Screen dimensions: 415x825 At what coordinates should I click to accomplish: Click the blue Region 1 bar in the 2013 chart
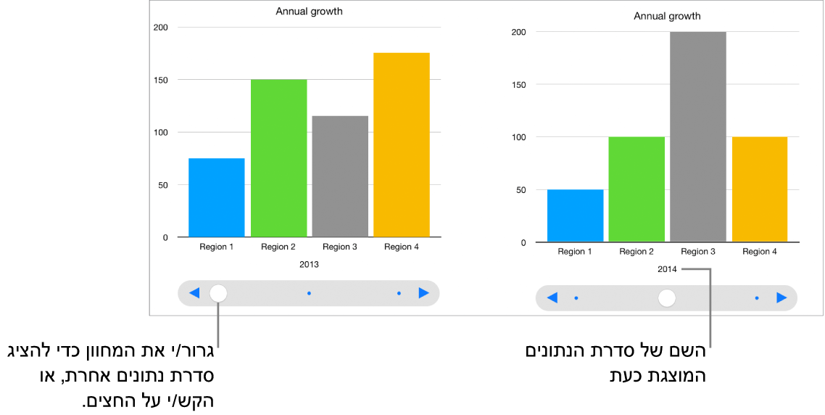(x=216, y=197)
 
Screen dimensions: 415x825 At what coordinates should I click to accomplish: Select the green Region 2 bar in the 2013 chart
(x=278, y=158)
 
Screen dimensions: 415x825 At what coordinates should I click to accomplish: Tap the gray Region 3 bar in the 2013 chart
(x=340, y=176)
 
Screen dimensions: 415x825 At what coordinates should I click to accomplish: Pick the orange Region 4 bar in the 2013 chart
(x=402, y=145)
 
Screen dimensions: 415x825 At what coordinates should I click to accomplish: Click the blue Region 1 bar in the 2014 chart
(x=575, y=215)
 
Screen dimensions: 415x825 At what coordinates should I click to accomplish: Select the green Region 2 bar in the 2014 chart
(x=637, y=189)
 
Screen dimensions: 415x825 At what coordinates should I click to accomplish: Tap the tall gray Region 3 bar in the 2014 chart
(x=697, y=136)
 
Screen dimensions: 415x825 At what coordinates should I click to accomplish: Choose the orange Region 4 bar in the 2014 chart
(x=759, y=189)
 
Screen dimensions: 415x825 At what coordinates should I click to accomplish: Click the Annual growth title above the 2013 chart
(x=309, y=12)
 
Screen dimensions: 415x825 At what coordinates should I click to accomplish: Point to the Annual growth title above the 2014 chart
(x=667, y=16)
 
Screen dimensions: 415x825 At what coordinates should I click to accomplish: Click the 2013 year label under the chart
(x=309, y=265)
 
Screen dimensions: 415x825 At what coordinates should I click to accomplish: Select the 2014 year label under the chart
(x=667, y=269)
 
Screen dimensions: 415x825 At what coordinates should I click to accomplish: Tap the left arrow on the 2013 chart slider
(x=194, y=293)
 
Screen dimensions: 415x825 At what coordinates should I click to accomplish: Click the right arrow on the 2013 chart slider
(x=424, y=293)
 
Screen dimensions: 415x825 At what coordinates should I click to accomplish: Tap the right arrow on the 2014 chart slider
(x=782, y=297)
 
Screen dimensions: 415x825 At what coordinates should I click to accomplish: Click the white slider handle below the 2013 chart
(x=218, y=293)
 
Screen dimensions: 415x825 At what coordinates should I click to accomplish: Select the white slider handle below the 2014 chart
(x=667, y=297)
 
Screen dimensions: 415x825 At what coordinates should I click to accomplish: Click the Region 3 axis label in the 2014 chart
(x=697, y=252)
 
